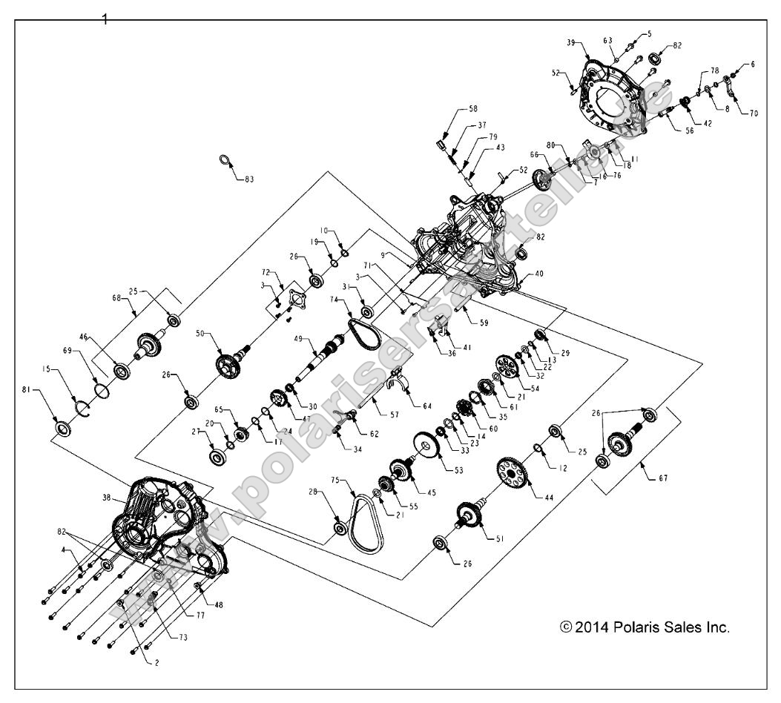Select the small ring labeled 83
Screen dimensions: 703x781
point(225,160)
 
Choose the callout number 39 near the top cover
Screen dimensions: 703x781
point(571,43)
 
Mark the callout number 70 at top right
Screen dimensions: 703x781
point(754,113)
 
